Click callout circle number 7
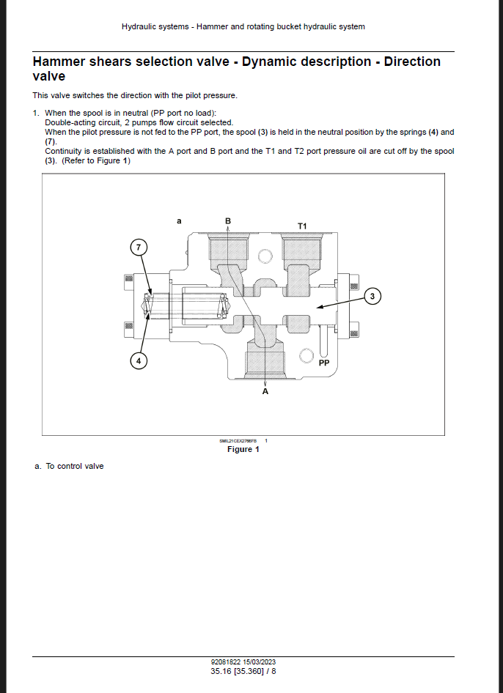click(138, 247)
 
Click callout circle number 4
click(138, 360)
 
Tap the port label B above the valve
click(228, 220)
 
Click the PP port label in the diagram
click(324, 363)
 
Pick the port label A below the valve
click(265, 392)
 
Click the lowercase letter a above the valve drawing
click(180, 220)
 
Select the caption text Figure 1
click(243, 449)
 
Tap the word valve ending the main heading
click(49, 76)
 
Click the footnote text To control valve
click(75, 466)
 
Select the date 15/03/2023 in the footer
click(260, 662)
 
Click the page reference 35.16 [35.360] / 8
click(243, 670)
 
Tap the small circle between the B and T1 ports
click(265, 256)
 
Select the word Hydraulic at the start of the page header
click(138, 26)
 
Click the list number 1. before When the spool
click(36, 113)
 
